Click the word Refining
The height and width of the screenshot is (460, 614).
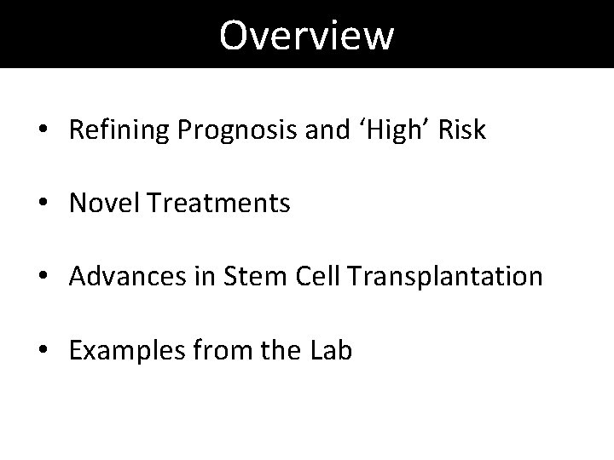coord(119,130)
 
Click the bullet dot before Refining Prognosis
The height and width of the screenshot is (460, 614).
coord(43,131)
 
